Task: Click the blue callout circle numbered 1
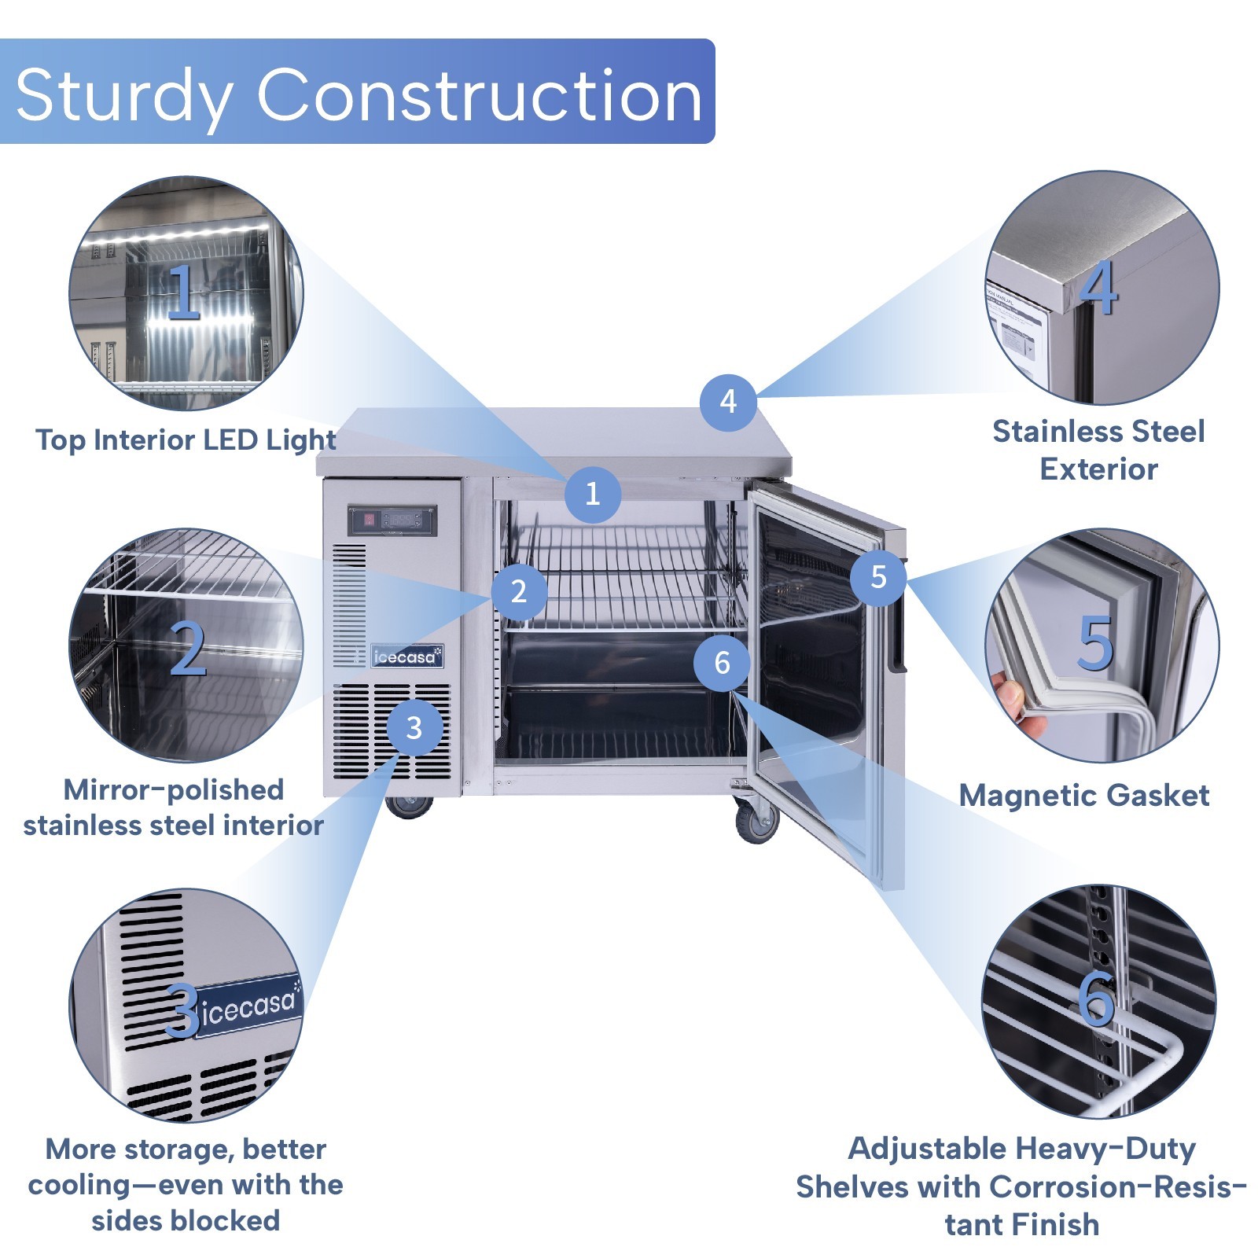click(x=593, y=494)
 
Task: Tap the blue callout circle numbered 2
click(x=519, y=591)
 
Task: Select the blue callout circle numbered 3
click(x=414, y=728)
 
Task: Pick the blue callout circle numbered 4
click(x=728, y=402)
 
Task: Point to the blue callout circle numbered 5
click(x=878, y=577)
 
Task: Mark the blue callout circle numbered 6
click(x=722, y=663)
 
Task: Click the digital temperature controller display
click(x=392, y=520)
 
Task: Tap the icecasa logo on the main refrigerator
click(x=407, y=657)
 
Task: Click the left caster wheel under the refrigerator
click(x=409, y=806)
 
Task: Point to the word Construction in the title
click(x=479, y=95)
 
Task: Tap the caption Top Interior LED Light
click(x=186, y=440)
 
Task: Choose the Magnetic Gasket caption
click(x=1084, y=796)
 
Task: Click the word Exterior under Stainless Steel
click(x=1098, y=469)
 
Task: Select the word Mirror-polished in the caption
click(x=173, y=789)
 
